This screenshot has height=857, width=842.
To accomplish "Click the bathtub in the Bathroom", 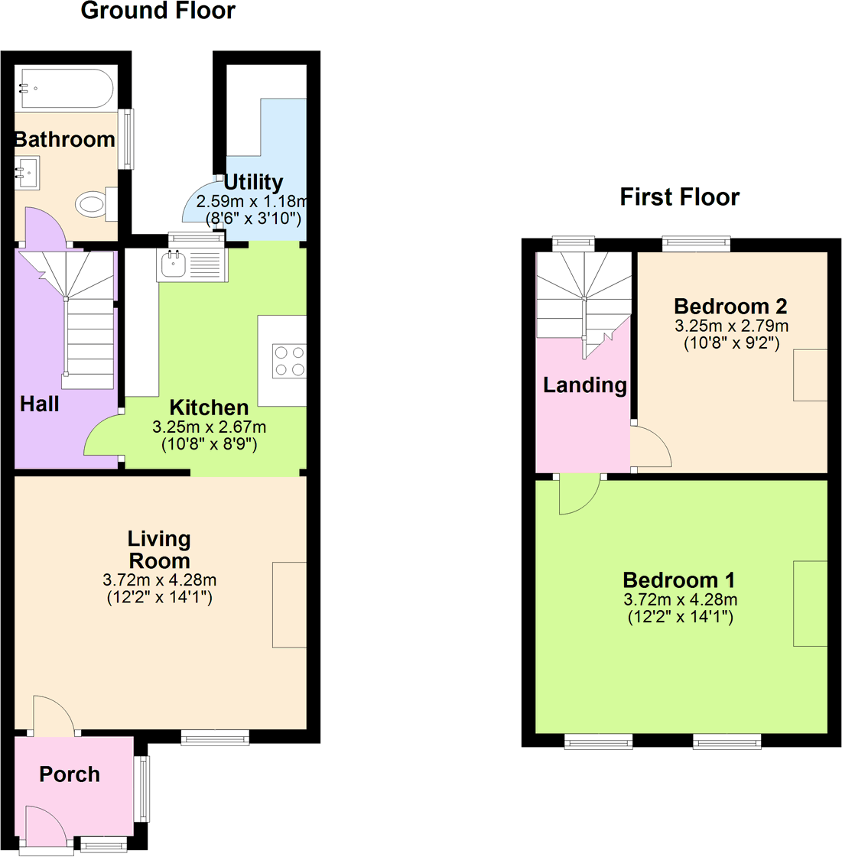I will point(67,89).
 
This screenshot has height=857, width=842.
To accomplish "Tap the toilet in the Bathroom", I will point(92,204).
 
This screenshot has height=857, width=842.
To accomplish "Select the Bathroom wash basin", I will point(28,173).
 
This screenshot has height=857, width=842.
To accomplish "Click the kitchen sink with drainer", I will point(191,265).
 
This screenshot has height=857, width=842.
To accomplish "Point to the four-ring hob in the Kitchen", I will point(289,361).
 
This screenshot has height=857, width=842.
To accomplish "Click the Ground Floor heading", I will point(158,11).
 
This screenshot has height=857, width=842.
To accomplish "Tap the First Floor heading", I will point(679,197).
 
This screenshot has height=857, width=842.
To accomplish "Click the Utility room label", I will point(253,182).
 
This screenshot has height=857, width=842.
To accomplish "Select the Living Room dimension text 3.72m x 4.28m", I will point(159,580).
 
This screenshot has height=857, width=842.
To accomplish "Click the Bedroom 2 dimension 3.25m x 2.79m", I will point(731,326).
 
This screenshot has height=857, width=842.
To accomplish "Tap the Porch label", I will point(70,774).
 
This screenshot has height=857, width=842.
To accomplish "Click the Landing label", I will point(584,385).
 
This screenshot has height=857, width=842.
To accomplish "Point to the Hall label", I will point(39,404).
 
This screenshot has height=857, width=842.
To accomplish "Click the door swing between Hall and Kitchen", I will point(104,438).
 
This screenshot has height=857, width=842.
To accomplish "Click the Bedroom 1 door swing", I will point(579,495).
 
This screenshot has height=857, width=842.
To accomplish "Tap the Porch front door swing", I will point(44,826).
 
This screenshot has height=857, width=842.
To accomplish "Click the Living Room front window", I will point(215,737).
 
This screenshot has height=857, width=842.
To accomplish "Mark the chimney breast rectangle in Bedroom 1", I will point(810,603).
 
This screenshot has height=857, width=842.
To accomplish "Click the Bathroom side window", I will point(128,139).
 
